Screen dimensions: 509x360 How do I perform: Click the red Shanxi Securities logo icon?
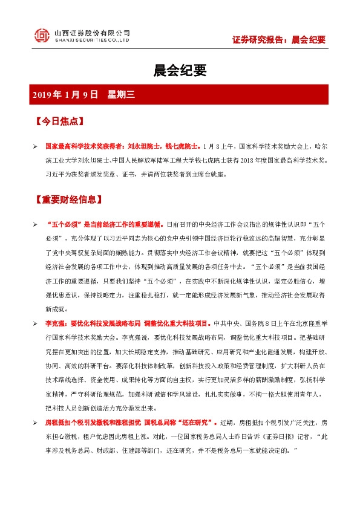click(x=42, y=36)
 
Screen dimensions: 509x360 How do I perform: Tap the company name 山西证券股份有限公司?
click(x=92, y=32)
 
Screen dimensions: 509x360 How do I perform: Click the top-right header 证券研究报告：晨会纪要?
click(x=279, y=40)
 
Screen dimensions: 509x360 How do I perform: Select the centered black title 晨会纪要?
click(x=180, y=71)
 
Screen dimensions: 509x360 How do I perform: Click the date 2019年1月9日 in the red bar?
click(x=66, y=94)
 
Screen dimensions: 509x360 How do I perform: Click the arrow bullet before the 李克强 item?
click(x=35, y=323)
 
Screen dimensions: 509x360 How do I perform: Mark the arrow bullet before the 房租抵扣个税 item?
click(x=35, y=422)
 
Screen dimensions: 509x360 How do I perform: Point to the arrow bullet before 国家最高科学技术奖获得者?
click(x=35, y=146)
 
